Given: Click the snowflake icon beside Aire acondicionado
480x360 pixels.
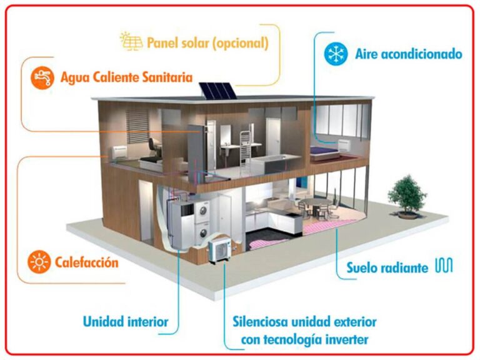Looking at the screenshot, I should [336, 54].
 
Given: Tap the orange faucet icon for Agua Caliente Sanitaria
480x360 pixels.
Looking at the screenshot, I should [41, 78].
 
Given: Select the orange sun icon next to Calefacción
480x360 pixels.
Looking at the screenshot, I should [39, 262].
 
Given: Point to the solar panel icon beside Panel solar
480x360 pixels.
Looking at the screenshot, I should [131, 42].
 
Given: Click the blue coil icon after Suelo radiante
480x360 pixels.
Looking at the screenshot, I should [444, 266].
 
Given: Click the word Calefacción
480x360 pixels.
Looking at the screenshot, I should [86, 262].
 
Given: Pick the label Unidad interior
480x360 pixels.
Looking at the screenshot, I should [126, 322].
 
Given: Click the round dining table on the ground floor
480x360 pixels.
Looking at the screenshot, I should [312, 203].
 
